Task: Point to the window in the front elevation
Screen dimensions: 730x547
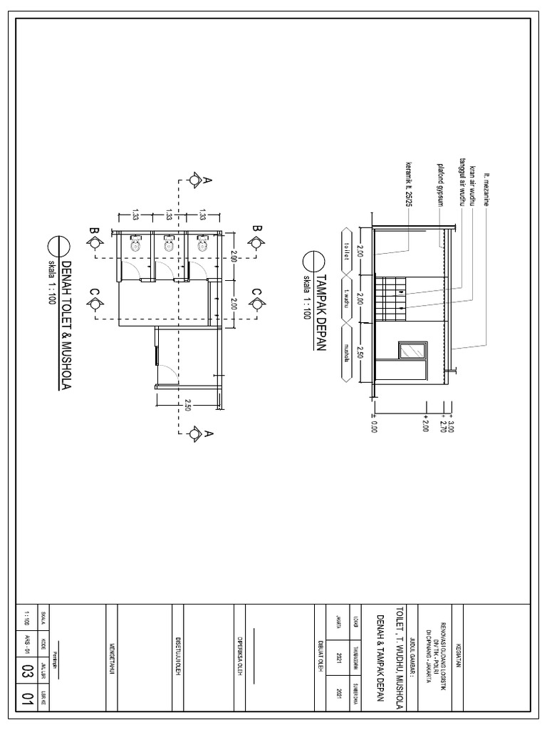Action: tap(411, 350)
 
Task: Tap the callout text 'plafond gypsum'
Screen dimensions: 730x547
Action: tap(440, 187)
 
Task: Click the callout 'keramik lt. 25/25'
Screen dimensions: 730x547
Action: tap(408, 185)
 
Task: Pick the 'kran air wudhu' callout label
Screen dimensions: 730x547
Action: tap(472, 186)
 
